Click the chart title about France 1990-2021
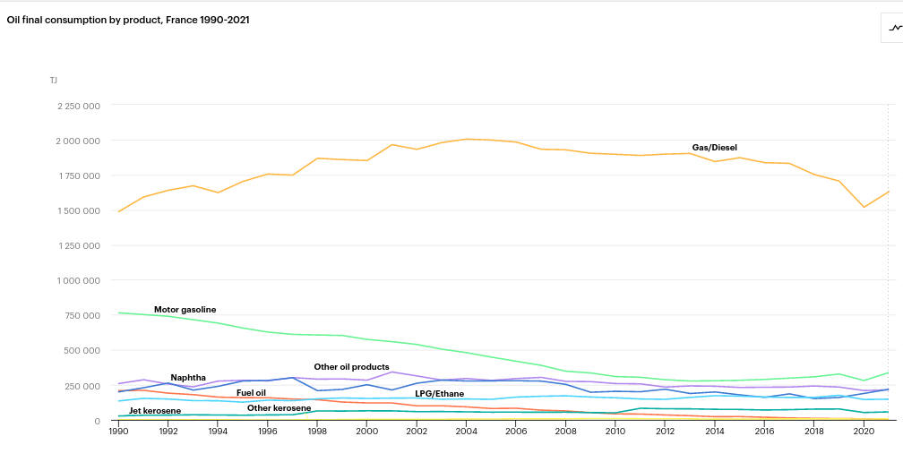tap(128, 20)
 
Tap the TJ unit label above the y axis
tap(54, 80)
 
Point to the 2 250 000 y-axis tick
tap(79, 106)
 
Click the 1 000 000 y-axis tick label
tap(79, 281)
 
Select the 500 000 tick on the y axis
tap(83, 350)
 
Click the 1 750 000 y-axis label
tap(79, 175)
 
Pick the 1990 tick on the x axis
tap(118, 431)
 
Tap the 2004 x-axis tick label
tap(465, 431)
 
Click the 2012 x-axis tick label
tap(665, 431)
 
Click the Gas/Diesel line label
tap(715, 148)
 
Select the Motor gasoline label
tap(185, 310)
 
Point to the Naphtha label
tap(188, 378)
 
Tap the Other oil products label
tap(351, 367)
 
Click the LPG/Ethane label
tap(439, 394)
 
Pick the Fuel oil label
tap(251, 392)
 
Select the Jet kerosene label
tap(155, 411)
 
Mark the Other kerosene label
tap(279, 408)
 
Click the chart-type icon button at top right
tap(895, 28)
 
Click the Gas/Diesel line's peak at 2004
tap(465, 139)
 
